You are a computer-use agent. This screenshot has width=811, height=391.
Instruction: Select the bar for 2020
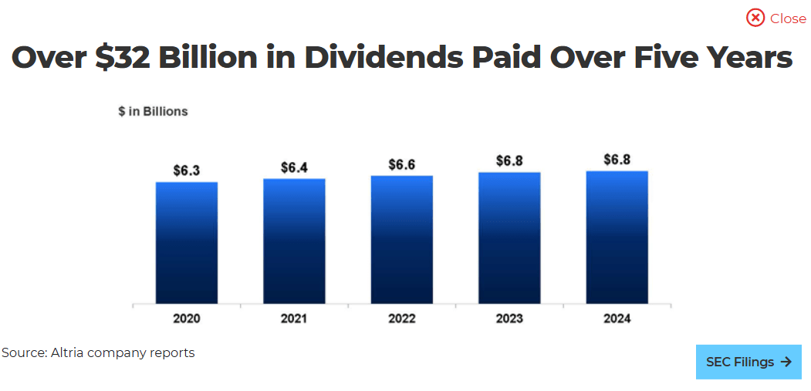(186, 243)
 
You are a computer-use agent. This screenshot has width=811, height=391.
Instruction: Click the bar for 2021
(294, 241)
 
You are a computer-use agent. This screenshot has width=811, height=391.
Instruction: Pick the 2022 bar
(401, 240)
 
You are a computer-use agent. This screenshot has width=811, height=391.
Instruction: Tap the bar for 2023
(509, 238)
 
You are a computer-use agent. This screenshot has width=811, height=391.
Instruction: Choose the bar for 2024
(617, 238)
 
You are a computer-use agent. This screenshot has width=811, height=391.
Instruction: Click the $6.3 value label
(186, 170)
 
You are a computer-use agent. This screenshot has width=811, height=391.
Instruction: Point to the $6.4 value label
(294, 167)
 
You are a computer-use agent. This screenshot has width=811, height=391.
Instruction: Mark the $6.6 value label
(401, 164)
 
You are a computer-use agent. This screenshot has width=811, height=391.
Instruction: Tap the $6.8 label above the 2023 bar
(509, 160)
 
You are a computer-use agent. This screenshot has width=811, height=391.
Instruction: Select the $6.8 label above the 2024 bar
(617, 160)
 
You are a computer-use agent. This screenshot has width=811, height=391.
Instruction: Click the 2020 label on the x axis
(186, 319)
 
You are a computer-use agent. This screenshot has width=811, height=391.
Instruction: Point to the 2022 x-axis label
(401, 319)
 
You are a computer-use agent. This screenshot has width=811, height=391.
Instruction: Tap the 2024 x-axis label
(617, 319)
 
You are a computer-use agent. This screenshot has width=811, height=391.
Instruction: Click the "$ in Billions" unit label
(153, 111)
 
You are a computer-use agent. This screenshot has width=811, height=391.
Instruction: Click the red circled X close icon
(755, 18)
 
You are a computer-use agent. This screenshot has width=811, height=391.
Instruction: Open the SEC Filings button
(748, 362)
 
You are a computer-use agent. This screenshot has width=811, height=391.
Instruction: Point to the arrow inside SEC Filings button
(786, 362)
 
